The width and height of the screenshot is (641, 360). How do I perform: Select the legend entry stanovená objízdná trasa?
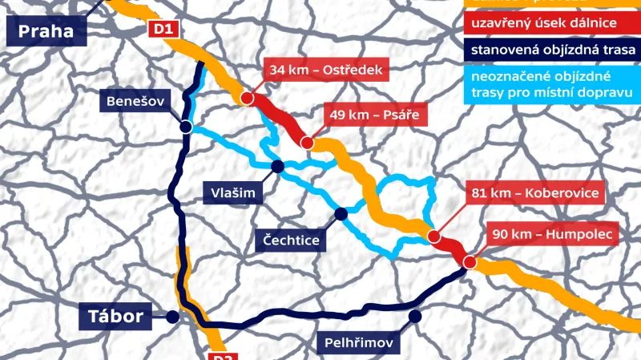click(553, 51)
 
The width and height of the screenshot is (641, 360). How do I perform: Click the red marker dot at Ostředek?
click(247, 99)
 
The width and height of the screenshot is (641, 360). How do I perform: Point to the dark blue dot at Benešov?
click(185, 127)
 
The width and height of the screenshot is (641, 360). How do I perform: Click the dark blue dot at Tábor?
click(172, 318)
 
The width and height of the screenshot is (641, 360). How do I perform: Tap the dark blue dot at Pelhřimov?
click(414, 317)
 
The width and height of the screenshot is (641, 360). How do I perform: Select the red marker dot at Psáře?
click(306, 143)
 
